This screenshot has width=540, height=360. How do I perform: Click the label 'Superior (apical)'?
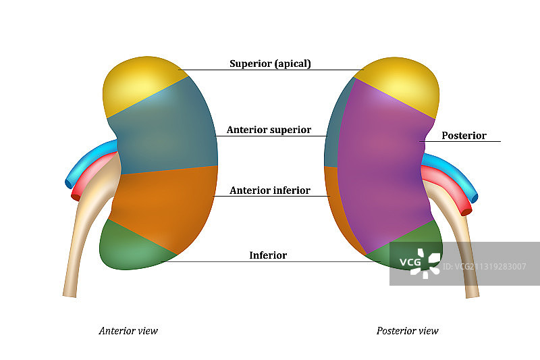[x=270, y=64]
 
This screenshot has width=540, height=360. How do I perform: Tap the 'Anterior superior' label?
[x=269, y=130]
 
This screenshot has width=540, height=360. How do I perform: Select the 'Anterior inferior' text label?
[x=269, y=190]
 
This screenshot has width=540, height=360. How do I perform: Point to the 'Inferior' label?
[x=268, y=255]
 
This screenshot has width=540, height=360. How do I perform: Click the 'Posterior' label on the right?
[x=464, y=136]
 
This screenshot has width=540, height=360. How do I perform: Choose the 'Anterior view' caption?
[x=128, y=331]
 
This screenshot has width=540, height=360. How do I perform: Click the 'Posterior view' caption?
[x=407, y=331]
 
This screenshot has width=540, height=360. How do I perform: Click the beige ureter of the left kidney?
[x=81, y=243]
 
